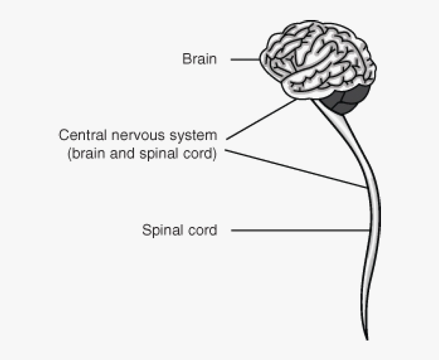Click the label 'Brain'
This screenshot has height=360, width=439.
(x=199, y=60)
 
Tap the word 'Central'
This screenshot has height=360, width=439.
(x=78, y=135)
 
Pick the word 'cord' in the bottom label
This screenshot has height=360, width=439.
(x=201, y=230)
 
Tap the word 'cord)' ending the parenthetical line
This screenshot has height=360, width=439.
(x=200, y=154)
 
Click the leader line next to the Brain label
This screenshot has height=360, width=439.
(x=245, y=60)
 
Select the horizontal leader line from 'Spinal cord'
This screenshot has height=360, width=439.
(x=299, y=230)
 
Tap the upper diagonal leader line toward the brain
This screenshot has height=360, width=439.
(x=261, y=120)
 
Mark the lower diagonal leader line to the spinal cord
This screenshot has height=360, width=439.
(x=295, y=168)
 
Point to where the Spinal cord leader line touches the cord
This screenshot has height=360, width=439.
(x=367, y=230)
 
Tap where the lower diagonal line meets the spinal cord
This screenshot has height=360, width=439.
(x=366, y=188)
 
